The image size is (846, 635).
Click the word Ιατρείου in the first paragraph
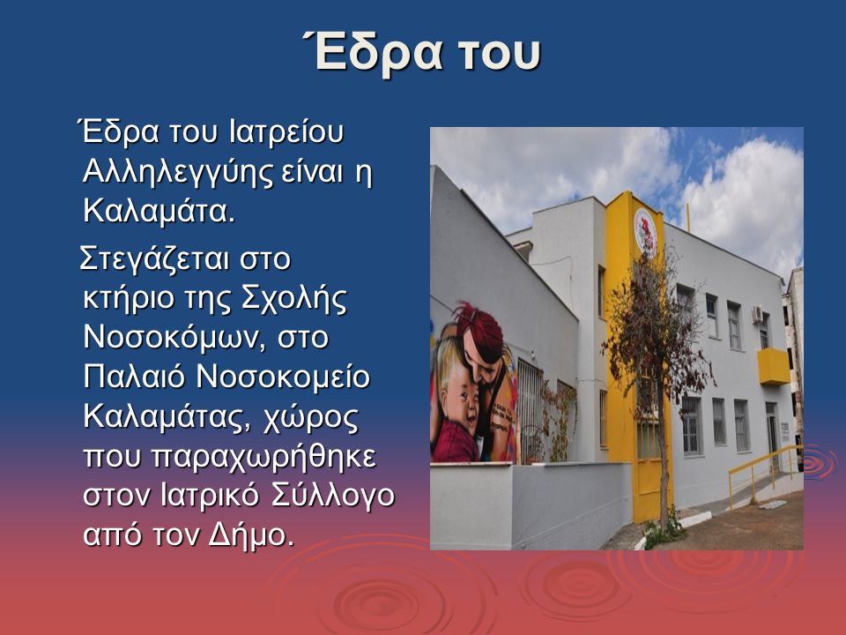pyautogui.click(x=286, y=133)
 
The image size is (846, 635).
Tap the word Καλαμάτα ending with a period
pyautogui.click(x=160, y=211)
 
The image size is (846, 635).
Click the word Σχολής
pyautogui.click(x=294, y=299)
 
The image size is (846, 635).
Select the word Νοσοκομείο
pyautogui.click(x=283, y=377)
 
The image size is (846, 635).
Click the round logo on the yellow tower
pyautogui.click(x=645, y=233)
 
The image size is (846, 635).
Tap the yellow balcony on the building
pyautogui.click(x=774, y=367)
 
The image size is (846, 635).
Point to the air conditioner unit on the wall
pyautogui.click(x=757, y=314)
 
